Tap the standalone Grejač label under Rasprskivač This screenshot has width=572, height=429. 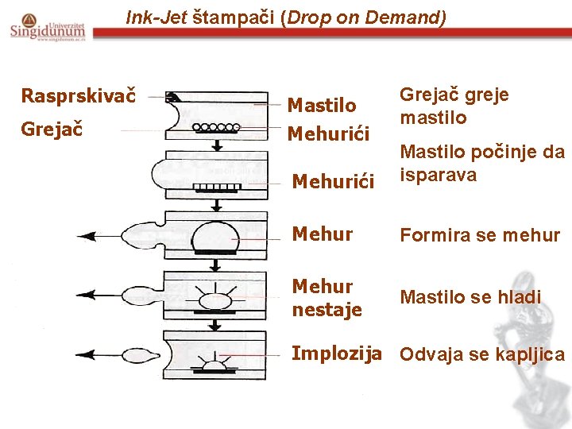pos(54,127)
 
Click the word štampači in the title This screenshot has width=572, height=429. pos(235,16)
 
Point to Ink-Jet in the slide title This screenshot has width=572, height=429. pos(157,16)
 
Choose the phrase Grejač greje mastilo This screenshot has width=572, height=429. pos(454,106)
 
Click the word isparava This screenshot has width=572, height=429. pos(439,175)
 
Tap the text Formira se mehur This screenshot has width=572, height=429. pos(480,235)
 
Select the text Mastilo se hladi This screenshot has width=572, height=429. pos(470,297)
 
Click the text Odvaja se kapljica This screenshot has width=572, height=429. pos(482,354)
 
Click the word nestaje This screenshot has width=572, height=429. pos(327,308)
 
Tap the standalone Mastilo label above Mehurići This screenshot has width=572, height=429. pos(321,105)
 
